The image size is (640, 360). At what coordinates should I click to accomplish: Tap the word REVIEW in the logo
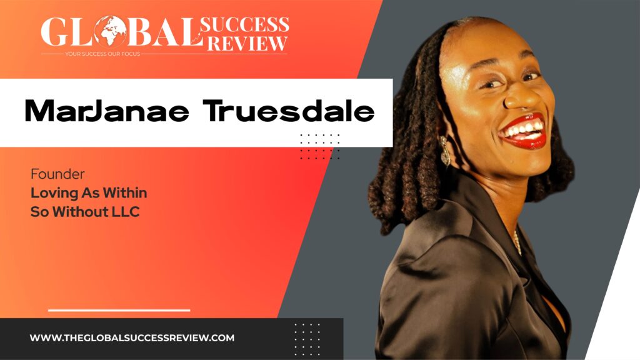[x=247, y=43]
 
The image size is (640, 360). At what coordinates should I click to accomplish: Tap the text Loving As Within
[x=88, y=194]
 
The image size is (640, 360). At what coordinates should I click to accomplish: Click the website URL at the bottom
[x=132, y=338]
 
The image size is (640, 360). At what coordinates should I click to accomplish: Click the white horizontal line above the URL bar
[x=119, y=310]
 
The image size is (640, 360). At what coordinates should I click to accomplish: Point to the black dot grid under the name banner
[x=319, y=146]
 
